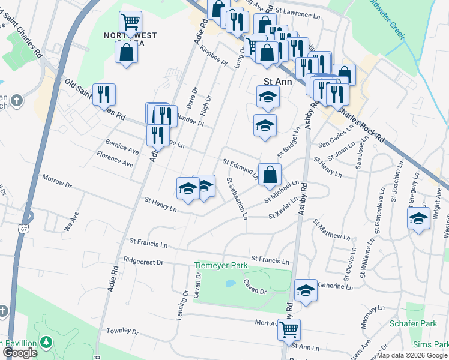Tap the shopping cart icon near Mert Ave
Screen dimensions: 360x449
pos(289,329)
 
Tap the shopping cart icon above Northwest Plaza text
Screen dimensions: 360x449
pos(130,22)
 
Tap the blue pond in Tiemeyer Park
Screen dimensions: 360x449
pos(229,283)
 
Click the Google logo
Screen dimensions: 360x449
pos(20,353)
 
